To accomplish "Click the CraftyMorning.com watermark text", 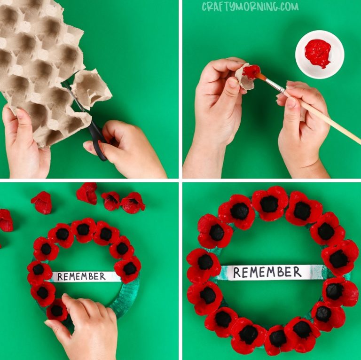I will click(x=250, y=6).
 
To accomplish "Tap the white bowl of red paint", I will click(x=320, y=54).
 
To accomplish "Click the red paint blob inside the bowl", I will click(x=318, y=52).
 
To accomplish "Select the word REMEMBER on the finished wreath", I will click(x=267, y=272).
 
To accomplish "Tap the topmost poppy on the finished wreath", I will click(x=270, y=202).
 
